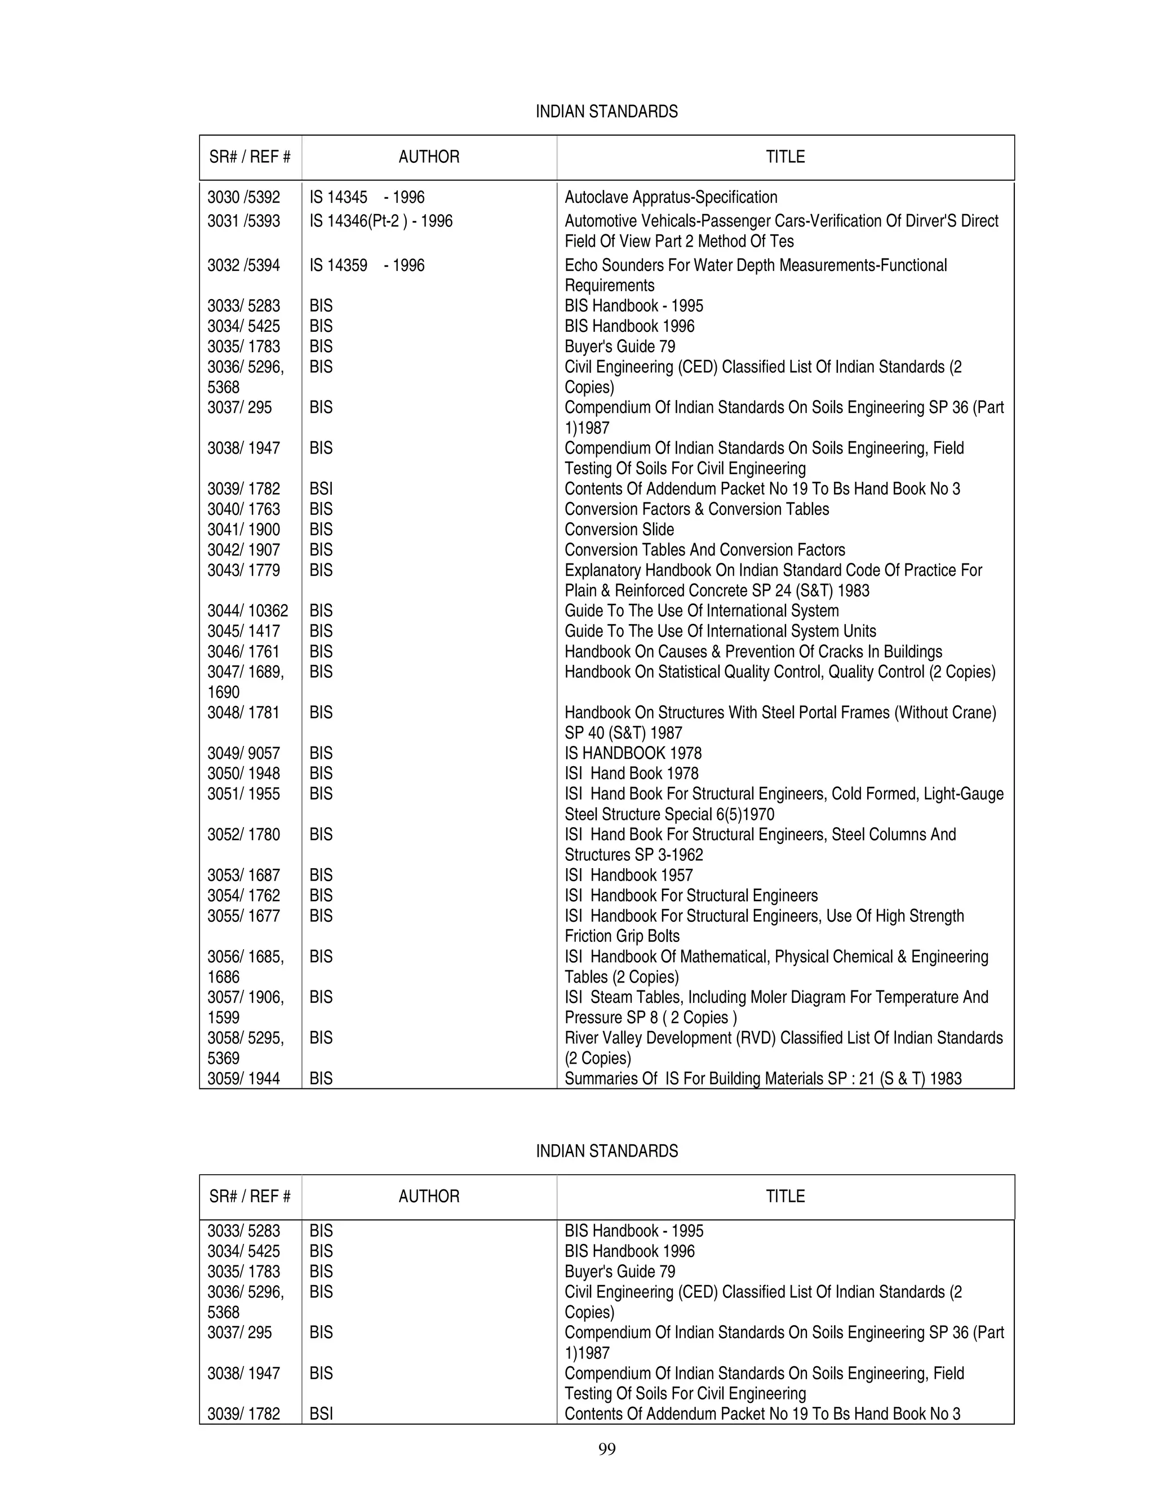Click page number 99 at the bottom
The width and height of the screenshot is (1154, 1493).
point(606,1448)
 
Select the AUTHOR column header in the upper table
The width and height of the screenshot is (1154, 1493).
point(429,157)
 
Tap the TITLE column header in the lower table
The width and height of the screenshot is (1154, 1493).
point(785,1196)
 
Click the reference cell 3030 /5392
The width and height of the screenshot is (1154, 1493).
point(243,198)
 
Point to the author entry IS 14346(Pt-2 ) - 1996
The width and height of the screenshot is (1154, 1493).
point(381,221)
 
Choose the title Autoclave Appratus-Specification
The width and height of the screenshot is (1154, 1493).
point(671,198)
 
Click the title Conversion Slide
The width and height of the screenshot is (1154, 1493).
point(619,530)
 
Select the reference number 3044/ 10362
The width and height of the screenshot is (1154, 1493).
point(247,611)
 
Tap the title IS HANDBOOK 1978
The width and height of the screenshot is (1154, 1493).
point(633,753)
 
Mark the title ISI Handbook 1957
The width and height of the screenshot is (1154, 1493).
point(628,875)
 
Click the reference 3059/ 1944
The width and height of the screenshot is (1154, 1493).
point(243,1079)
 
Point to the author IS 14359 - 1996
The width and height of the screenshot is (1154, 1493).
point(366,265)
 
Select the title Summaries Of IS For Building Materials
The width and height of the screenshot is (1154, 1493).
point(762,1079)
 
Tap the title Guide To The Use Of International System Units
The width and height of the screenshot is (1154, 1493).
point(720,631)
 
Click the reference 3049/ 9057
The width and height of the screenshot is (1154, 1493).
point(243,753)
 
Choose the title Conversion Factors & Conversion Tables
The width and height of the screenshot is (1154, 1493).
point(696,509)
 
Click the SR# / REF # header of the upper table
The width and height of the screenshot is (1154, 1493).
point(250,157)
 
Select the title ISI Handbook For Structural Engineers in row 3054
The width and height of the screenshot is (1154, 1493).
point(690,896)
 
